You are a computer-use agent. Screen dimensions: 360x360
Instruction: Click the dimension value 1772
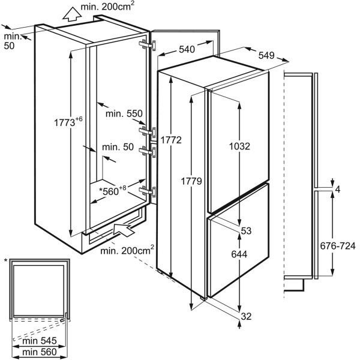coord(170,140)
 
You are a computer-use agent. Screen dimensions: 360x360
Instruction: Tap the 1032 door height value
coord(239,146)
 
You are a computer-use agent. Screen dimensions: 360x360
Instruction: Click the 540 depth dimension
coord(186,50)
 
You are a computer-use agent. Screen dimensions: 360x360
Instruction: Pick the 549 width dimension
coord(268,55)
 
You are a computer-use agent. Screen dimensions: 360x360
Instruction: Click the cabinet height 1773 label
coord(68,122)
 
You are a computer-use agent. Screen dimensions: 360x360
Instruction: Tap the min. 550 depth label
coord(122,113)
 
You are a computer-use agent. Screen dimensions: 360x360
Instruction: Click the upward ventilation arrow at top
coord(70,14)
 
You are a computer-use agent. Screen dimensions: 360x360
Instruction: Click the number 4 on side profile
coord(338,190)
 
